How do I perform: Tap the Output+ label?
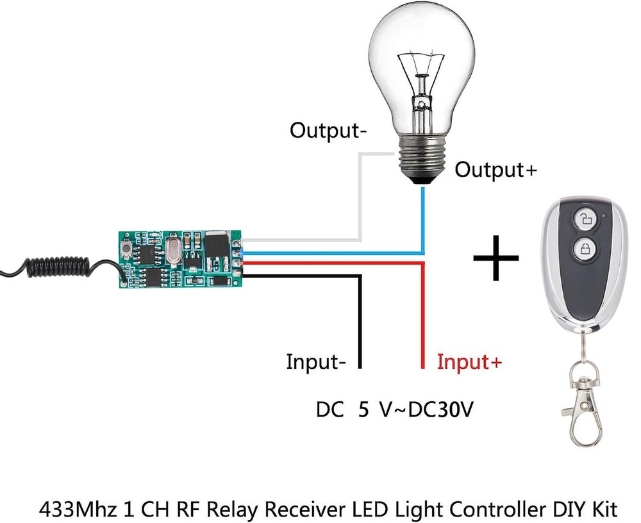click(x=495, y=170)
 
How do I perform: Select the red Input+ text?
click(x=469, y=362)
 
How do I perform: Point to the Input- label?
click(x=317, y=362)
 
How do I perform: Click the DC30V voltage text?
click(x=442, y=410)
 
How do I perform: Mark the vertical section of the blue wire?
click(x=422, y=218)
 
